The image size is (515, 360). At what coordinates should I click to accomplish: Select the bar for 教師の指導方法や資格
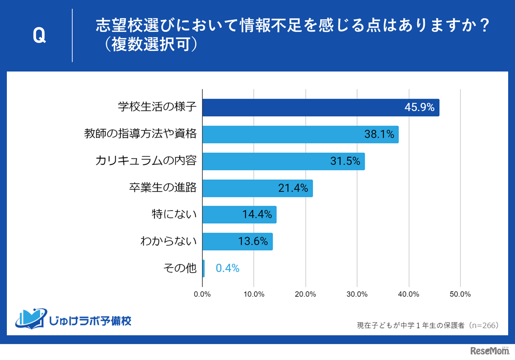(300, 134)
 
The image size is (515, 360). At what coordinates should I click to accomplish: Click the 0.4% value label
(228, 268)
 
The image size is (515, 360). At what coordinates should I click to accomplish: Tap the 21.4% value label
(293, 188)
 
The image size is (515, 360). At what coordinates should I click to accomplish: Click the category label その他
(180, 268)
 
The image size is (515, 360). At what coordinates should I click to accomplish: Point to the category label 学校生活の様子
(157, 107)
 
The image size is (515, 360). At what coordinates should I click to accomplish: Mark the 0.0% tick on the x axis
(202, 294)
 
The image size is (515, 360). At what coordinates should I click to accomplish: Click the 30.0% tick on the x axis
(357, 294)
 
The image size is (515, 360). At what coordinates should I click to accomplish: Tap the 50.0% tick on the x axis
(460, 294)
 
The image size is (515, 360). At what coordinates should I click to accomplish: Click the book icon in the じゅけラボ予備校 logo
(31, 318)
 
